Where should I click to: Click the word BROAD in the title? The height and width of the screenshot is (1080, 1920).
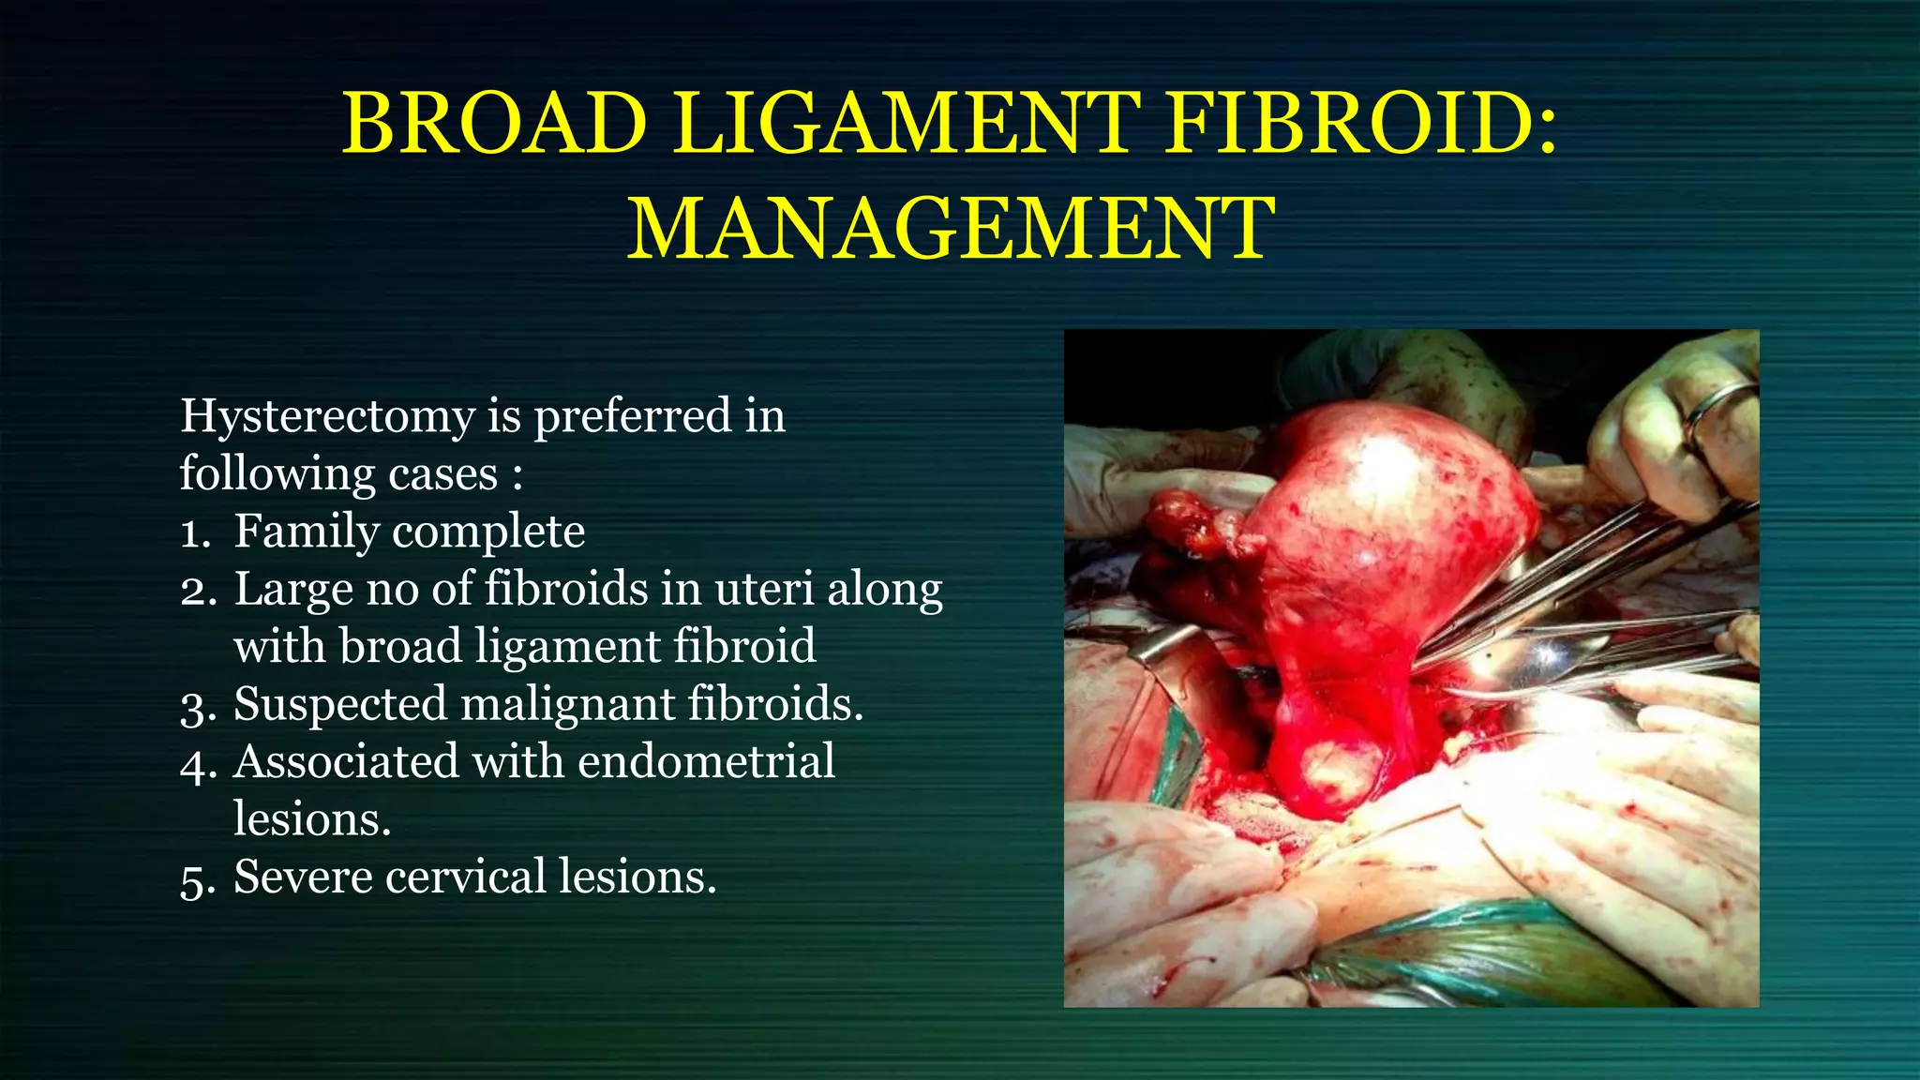pos(494,124)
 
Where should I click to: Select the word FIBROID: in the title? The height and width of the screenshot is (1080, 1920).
pos(1362,124)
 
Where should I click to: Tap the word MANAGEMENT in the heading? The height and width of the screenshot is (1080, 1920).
pos(951,229)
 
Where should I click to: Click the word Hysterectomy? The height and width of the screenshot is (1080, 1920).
pos(327,416)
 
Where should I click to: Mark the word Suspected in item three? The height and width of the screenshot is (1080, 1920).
pos(340,705)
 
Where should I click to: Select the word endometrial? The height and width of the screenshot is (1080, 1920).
pos(706,761)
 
